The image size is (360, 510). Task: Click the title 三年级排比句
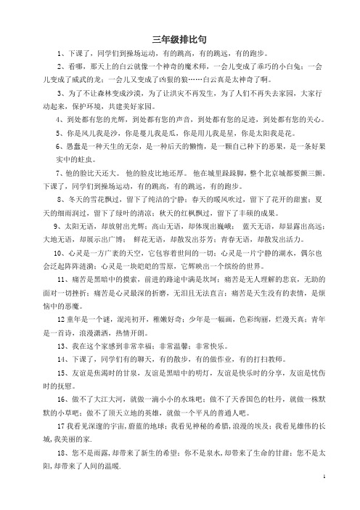179,39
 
